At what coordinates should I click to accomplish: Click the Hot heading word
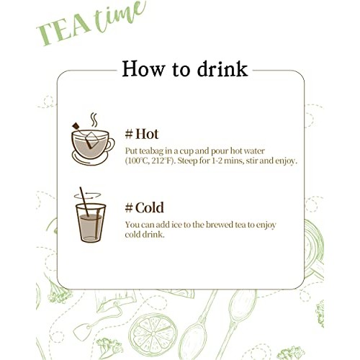[148, 135]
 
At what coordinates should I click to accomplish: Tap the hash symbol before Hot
[130, 135]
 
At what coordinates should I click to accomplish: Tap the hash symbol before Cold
[130, 208]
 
